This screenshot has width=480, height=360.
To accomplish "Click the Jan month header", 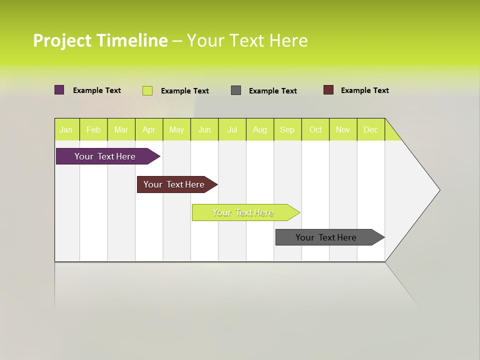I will coord(66,130).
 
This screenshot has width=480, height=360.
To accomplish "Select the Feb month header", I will coord(93,130).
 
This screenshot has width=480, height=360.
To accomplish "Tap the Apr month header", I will coord(149,130).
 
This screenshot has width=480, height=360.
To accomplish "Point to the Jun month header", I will coord(204,130).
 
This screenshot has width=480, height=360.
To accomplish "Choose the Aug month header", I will coord(260,130).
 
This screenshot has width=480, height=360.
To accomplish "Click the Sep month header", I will coord(287,130).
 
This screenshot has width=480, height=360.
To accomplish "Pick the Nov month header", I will coord(343,130).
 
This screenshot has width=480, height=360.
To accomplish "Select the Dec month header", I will coord(371,130).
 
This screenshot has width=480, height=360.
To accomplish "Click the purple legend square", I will coord(59,90).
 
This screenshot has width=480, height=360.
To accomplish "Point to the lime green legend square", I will coord(147,90).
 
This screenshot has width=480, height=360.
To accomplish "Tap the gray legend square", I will coord(236,90).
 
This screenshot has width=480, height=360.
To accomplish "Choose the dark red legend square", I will coord(328,90).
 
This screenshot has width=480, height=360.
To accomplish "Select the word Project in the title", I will coord(62,40).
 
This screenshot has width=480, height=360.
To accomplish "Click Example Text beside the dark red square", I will coord(364,90).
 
